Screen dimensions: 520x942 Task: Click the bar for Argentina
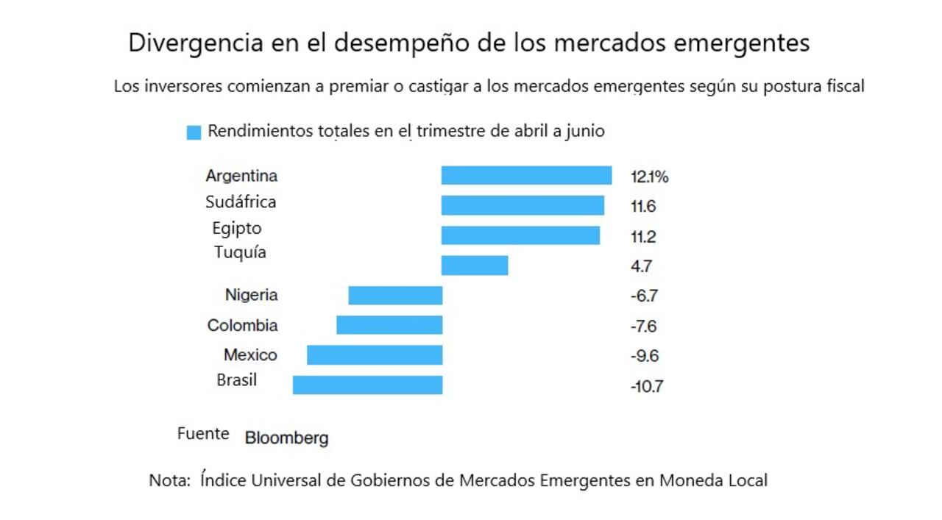tap(526, 175)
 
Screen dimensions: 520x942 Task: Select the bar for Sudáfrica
tap(523, 205)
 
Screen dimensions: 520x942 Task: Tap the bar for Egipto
tap(520, 235)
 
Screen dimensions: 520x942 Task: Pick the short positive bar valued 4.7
tap(475, 266)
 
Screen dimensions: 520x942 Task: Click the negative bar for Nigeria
tap(395, 296)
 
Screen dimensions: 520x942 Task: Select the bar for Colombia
tap(389, 325)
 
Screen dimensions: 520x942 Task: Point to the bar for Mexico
tap(375, 355)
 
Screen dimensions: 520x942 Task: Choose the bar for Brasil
tap(367, 385)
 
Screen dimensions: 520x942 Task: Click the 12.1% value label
tap(649, 177)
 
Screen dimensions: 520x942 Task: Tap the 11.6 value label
tap(643, 207)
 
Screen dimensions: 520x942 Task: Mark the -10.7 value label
tap(647, 386)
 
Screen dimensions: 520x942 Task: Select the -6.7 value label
tap(644, 296)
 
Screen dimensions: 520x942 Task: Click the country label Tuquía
tap(240, 253)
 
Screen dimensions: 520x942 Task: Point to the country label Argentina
tap(241, 176)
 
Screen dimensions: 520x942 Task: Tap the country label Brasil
tap(237, 380)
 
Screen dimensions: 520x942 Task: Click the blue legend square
tap(194, 132)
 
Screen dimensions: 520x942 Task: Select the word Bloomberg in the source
tap(286, 438)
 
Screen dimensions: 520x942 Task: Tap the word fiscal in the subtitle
tap(843, 86)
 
